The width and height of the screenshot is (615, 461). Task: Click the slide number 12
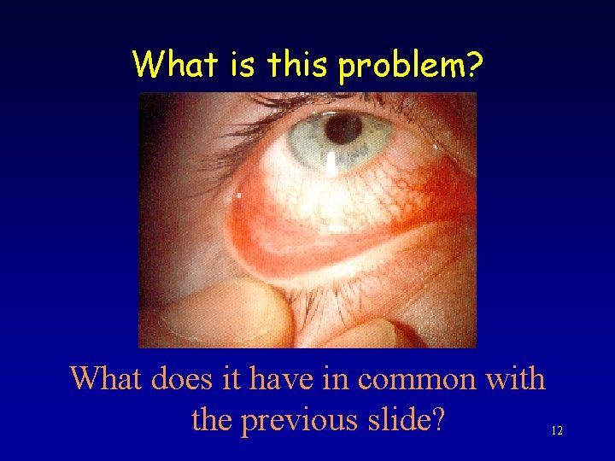click(557, 432)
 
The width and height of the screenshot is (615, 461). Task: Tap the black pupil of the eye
click(343, 129)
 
